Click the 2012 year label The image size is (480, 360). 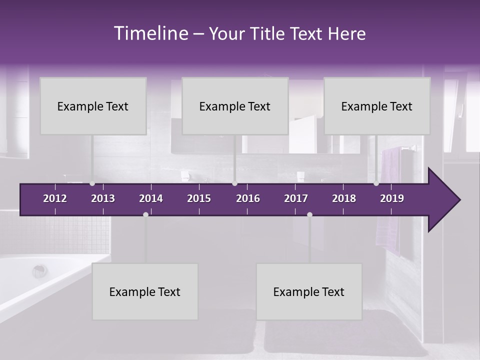pos(55,198)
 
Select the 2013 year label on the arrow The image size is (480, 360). pos(103,198)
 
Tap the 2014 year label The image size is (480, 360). pos(151,198)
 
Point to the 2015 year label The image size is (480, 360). pos(199,198)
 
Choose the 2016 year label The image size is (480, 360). pos(248,198)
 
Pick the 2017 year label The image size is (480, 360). pos(296,198)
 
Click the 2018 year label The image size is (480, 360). pos(344,198)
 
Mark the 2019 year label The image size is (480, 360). pos(392,198)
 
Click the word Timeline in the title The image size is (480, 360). pos(150,33)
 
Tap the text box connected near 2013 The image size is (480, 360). pos(93,106)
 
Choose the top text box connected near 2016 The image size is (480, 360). pos(235,106)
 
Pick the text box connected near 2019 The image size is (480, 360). pos(377,106)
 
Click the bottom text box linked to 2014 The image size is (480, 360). pos(145,291)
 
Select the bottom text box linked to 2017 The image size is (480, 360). pos(309,291)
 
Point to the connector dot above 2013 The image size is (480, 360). pos(92,183)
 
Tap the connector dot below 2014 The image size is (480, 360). pos(145,214)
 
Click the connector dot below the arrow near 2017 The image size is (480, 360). pos(309,214)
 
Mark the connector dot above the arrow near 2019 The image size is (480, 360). pos(376,183)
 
